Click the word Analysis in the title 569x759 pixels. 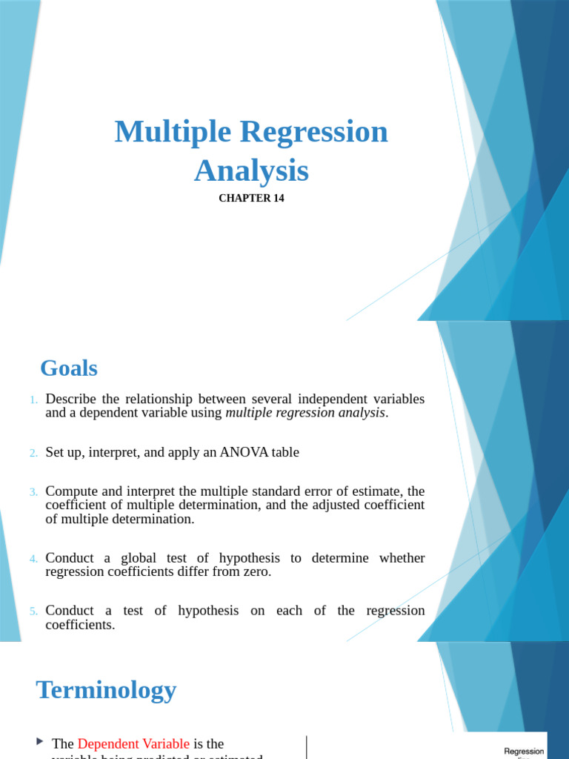coord(251,170)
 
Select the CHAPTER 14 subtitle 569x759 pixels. coord(251,199)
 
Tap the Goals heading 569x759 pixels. coord(69,368)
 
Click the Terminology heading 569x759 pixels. coord(106,690)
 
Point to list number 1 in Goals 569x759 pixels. coord(33,400)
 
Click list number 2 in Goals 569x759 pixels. coord(33,453)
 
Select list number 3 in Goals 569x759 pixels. coord(33,492)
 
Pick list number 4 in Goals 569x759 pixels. coord(33,558)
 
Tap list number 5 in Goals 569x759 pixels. coord(33,611)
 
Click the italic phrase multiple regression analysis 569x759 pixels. coord(305,413)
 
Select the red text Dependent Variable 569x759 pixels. coord(133,743)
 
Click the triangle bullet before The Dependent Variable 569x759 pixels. coord(40,742)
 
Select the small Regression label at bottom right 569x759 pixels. coord(524,751)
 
